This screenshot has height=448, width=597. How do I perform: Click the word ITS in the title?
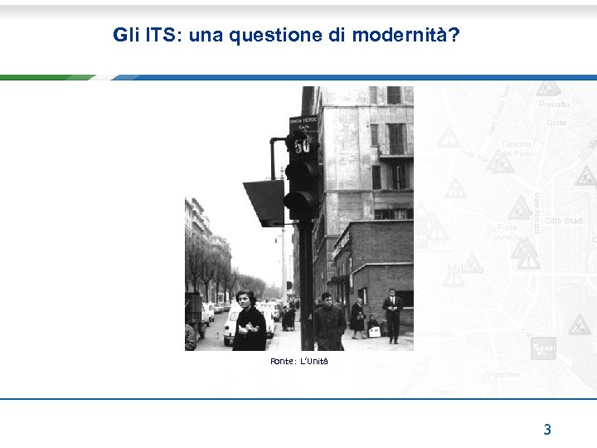(x=163, y=35)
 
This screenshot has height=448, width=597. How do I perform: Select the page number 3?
(x=547, y=429)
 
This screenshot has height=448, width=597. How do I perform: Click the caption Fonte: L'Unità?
(x=299, y=361)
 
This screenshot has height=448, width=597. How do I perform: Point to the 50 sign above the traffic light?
(x=302, y=145)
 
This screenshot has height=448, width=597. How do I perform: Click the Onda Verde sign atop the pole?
(x=303, y=123)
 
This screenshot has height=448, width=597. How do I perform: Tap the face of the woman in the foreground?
(x=245, y=299)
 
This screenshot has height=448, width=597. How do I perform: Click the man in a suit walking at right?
(x=392, y=314)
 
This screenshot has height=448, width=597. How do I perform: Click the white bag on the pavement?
(x=375, y=330)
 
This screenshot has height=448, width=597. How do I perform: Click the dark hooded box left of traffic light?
(x=265, y=201)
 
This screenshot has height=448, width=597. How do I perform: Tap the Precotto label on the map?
(x=554, y=105)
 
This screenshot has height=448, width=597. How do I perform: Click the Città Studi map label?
(x=564, y=221)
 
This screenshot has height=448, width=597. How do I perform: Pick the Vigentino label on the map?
(x=502, y=374)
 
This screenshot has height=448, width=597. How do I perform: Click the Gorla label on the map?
(x=556, y=123)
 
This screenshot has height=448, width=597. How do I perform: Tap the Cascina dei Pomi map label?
(x=517, y=148)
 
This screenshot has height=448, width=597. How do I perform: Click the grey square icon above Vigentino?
(x=543, y=348)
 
